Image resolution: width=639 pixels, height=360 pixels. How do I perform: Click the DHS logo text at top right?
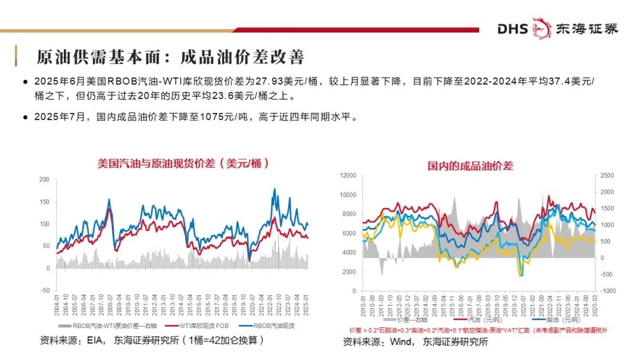point(512,28)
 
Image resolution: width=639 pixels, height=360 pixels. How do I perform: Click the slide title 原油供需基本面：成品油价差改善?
point(170,57)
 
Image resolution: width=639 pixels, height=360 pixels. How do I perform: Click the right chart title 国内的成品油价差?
point(470,166)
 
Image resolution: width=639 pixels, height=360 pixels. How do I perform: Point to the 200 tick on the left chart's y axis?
point(44,179)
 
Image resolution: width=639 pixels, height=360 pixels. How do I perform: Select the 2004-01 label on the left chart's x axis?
point(58,308)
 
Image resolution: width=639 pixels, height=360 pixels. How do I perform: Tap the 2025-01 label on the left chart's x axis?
point(306,308)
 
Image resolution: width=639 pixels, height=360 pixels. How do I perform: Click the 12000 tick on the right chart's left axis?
point(347,175)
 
